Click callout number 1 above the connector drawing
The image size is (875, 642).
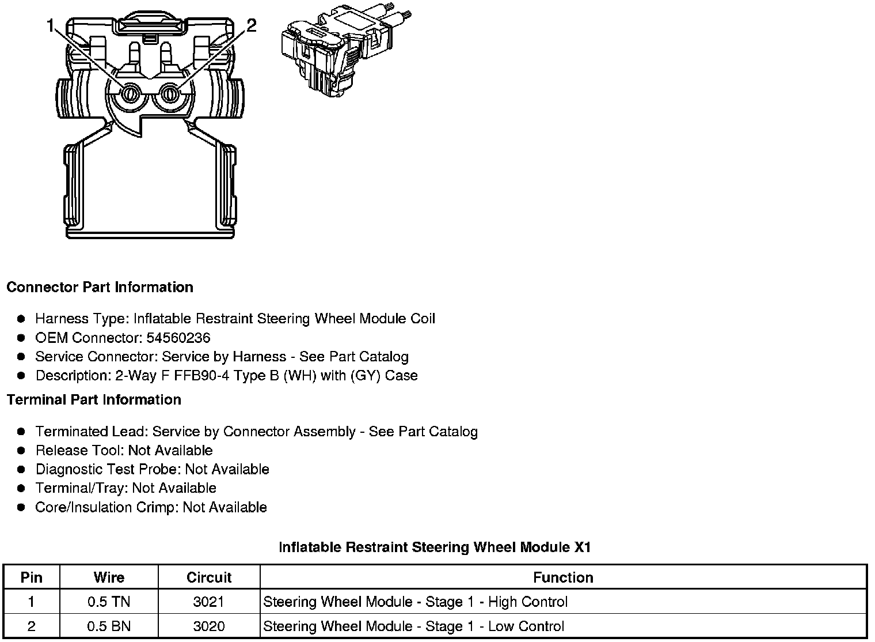(51, 25)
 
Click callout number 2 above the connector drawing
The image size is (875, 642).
(251, 25)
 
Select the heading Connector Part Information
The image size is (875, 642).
(100, 287)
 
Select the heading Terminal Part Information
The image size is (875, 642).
(94, 399)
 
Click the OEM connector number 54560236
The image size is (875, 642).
(178, 338)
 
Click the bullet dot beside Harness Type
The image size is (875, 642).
(21, 319)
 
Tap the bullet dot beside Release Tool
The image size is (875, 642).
(21, 450)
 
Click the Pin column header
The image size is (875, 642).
(31, 577)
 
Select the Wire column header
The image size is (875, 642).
(109, 577)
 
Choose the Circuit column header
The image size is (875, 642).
(209, 577)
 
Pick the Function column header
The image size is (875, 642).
(563, 577)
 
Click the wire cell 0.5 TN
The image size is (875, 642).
(109, 602)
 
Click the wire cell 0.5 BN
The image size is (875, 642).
(109, 626)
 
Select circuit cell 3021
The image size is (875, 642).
(209, 602)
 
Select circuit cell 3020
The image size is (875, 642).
(209, 626)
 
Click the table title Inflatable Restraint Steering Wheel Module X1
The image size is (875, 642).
(435, 547)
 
